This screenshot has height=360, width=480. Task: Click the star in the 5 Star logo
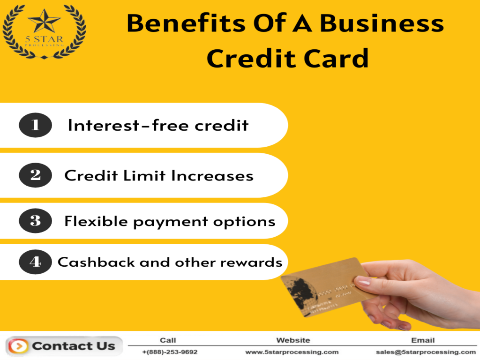click(x=44, y=21)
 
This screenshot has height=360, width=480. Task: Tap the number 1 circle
click(x=35, y=125)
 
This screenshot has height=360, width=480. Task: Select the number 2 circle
click(x=35, y=175)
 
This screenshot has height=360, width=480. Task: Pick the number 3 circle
click(x=35, y=221)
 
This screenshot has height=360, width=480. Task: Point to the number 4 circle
click(x=35, y=262)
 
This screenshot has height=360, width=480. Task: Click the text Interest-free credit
click(x=158, y=126)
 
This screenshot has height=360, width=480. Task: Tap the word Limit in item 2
click(x=144, y=176)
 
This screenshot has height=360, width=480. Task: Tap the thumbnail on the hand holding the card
click(x=363, y=281)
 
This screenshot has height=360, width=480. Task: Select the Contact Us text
click(x=73, y=346)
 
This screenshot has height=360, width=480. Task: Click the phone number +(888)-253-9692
click(x=170, y=352)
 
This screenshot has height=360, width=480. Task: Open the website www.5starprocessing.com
click(x=292, y=352)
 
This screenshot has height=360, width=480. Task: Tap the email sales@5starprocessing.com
click(x=426, y=352)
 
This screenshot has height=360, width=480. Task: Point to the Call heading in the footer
click(x=168, y=340)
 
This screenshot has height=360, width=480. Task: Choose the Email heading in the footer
click(x=423, y=340)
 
